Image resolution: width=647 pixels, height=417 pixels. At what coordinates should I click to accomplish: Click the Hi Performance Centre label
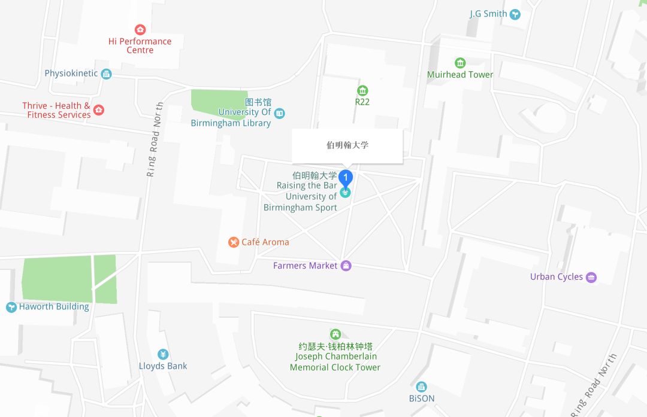click(x=140, y=45)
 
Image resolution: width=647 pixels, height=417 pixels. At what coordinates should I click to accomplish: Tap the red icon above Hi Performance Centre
click(x=140, y=29)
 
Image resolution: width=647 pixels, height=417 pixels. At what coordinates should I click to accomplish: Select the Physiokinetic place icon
click(x=107, y=74)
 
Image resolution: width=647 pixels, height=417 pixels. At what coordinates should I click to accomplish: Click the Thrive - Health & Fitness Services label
click(x=56, y=110)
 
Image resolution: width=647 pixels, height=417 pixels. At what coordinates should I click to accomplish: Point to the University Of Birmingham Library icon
click(x=280, y=112)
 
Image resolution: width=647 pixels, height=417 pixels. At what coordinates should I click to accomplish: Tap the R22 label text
click(x=362, y=102)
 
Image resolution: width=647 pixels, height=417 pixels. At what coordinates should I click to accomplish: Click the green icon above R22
click(x=362, y=90)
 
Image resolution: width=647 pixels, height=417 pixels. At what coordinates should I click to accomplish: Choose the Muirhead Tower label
click(x=460, y=75)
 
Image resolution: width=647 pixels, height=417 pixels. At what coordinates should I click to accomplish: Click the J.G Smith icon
click(x=515, y=14)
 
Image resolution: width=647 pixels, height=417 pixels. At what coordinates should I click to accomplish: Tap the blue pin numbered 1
click(x=346, y=178)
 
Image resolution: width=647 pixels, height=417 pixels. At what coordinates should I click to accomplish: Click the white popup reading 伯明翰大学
click(x=347, y=145)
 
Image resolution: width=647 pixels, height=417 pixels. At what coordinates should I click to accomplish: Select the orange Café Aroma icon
click(x=234, y=242)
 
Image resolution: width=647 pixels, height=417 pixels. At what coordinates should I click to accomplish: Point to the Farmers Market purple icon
click(x=346, y=266)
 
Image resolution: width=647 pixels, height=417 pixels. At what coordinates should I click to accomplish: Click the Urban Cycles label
click(x=556, y=277)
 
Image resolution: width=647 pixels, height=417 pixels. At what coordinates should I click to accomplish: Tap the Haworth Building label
click(x=54, y=307)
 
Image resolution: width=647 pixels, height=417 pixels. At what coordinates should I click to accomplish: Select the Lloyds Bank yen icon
click(x=163, y=354)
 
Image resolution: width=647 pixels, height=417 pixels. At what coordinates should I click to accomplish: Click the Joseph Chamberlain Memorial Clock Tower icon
click(x=335, y=334)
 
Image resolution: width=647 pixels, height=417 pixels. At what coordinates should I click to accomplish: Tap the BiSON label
click(x=422, y=398)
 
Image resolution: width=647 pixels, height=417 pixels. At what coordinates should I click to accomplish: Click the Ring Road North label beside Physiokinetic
click(x=156, y=139)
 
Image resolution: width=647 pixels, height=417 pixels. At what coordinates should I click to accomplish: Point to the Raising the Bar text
click(x=307, y=185)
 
